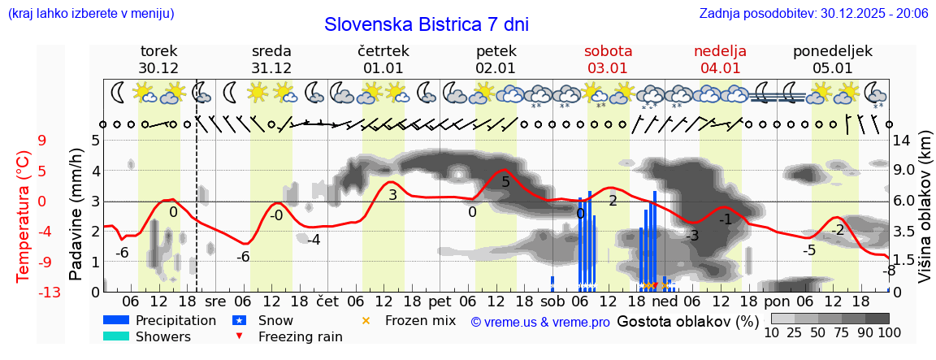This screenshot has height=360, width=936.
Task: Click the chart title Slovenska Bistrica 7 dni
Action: pyautogui.click(x=426, y=24)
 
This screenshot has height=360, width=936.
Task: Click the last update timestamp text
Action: pyautogui.click(x=813, y=14)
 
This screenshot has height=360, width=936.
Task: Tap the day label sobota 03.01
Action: pyautogui.click(x=608, y=59)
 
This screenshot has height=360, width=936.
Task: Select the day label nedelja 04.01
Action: pyautogui.click(x=720, y=59)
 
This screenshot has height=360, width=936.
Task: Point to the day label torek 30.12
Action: pyautogui.click(x=158, y=59)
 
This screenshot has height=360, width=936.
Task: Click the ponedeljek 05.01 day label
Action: pyautogui.click(x=833, y=59)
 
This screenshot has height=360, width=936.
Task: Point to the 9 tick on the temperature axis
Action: pyautogui.click(x=42, y=140)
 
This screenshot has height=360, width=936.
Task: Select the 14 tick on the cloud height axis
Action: pyautogui.click(x=901, y=140)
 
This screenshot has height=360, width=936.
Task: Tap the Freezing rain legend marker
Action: pyautogui.click(x=238, y=336)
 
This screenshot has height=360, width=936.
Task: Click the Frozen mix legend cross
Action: pyautogui.click(x=366, y=321)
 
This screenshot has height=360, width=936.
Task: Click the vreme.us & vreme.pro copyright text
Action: pyautogui.click(x=540, y=323)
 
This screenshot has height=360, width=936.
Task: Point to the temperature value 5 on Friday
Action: pyautogui.click(x=505, y=182)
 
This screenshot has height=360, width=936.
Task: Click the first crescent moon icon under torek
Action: pyautogui.click(x=119, y=92)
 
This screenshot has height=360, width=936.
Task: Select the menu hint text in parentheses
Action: pyautogui.click(x=90, y=14)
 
